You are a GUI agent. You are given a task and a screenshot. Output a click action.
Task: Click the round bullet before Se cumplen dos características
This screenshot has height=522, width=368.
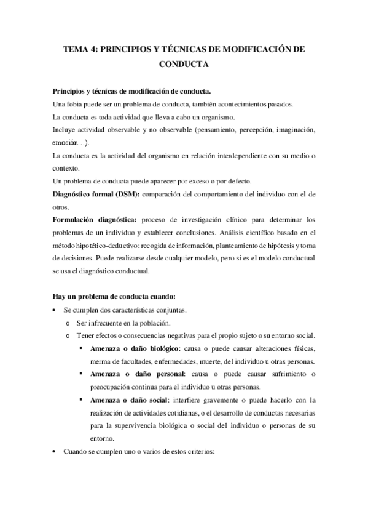tap(55, 310)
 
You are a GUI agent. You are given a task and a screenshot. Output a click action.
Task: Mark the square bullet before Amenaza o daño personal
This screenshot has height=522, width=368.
tap(82, 374)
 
